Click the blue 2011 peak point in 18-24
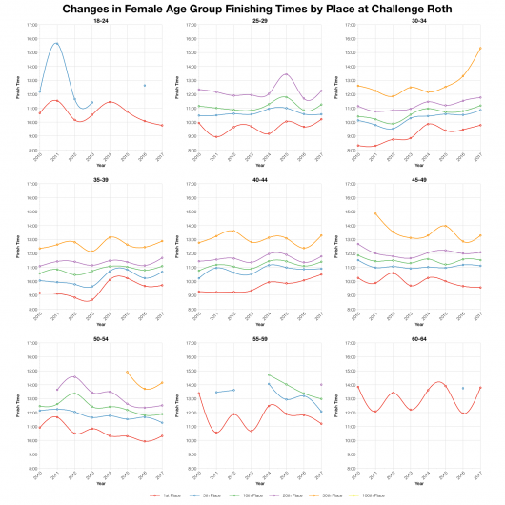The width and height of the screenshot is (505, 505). pyautogui.click(x=56, y=44)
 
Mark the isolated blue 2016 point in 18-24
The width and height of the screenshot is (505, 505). pyautogui.click(x=144, y=86)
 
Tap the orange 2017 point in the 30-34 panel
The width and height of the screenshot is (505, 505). pyautogui.click(x=480, y=48)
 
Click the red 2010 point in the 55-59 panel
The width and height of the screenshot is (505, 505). pyautogui.click(x=198, y=392)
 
